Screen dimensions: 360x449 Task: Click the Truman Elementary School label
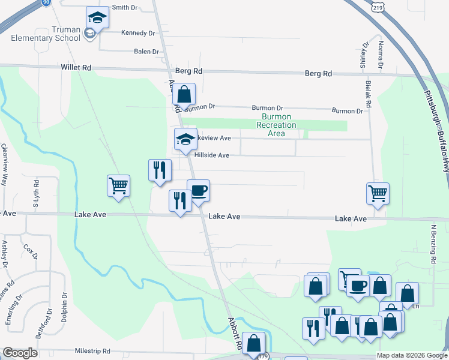point(46,34)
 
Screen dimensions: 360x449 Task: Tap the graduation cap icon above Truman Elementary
point(97,18)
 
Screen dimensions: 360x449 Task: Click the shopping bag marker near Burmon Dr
point(184,95)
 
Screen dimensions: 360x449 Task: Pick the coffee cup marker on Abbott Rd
point(198,191)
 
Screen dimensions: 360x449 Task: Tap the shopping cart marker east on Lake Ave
point(378,194)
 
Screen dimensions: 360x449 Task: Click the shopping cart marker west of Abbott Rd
point(119,186)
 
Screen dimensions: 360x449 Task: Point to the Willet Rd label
point(76,68)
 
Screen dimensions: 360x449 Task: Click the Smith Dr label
point(125,7)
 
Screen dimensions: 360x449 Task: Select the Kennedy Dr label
point(138,32)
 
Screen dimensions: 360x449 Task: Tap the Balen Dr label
point(146,52)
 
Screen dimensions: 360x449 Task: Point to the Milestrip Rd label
point(92,350)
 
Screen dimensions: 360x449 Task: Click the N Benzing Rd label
point(432,244)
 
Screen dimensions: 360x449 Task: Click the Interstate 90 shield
point(46,3)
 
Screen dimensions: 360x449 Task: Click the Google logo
point(20,353)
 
